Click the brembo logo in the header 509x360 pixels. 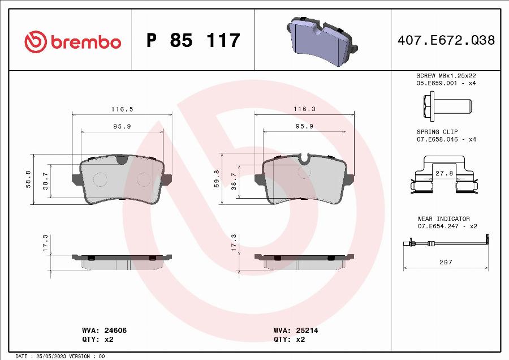pyautogui.click(x=72, y=41)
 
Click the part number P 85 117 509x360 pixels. pyautogui.click(x=193, y=41)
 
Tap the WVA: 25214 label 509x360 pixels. pyautogui.click(x=291, y=329)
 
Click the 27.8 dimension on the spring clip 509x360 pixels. pyautogui.click(x=443, y=174)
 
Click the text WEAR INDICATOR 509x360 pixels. pyautogui.click(x=443, y=218)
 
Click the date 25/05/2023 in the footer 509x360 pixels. pyautogui.click(x=49, y=356)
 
